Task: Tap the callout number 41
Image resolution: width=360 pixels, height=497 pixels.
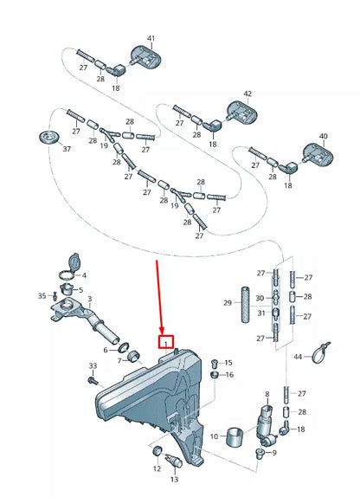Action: click(x=151, y=38)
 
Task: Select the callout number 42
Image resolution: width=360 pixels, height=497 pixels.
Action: click(x=247, y=94)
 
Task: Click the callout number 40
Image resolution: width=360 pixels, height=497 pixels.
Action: click(x=324, y=136)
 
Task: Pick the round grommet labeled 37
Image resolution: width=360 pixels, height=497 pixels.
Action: click(x=49, y=138)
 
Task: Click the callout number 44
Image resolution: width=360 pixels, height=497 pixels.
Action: click(x=298, y=357)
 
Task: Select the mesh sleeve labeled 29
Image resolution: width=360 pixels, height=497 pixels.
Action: click(x=245, y=304)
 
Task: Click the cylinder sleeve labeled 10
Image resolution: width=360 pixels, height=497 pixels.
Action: click(x=235, y=436)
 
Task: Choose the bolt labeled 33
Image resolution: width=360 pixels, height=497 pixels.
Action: click(x=93, y=380)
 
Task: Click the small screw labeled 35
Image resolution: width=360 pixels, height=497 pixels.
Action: click(x=55, y=296)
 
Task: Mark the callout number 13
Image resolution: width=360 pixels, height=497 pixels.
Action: click(x=174, y=480)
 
